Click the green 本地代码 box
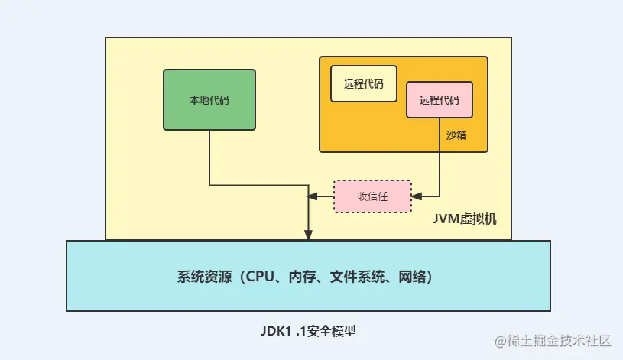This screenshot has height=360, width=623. [209, 99]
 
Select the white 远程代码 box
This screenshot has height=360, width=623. [364, 84]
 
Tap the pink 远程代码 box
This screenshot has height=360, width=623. [439, 100]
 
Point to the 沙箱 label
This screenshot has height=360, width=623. [456, 135]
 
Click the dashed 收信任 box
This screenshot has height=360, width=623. [372, 196]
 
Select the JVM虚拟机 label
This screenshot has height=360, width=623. [465, 219]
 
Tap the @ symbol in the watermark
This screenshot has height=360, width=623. [501, 340]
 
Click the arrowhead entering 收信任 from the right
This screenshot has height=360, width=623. [416, 196]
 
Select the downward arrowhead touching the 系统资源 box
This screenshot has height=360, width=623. [308, 235]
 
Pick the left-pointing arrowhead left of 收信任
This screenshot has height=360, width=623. [313, 196]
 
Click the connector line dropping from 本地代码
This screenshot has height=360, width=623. [209, 157]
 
